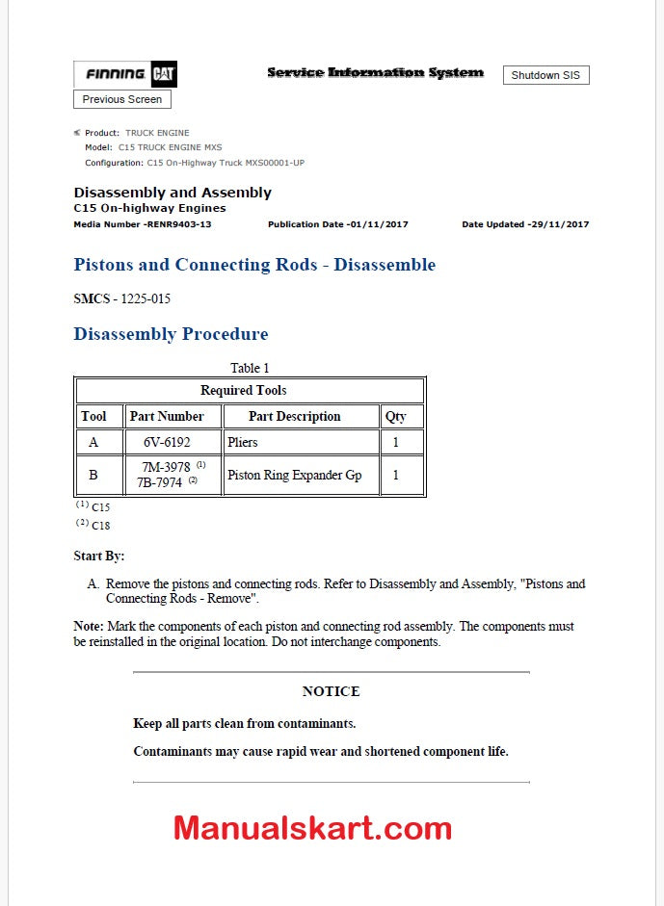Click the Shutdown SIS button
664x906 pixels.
point(545,75)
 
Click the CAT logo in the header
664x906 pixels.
point(163,74)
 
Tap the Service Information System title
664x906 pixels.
point(375,72)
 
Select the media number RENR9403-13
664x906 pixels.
point(143,224)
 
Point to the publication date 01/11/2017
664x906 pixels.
point(338,224)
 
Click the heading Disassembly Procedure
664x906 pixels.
point(171,334)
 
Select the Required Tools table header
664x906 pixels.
point(243,390)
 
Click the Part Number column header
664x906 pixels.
point(167,417)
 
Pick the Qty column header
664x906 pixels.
point(395,417)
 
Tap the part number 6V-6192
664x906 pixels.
point(167,443)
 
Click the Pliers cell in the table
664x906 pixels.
point(243,443)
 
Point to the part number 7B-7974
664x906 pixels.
point(159,482)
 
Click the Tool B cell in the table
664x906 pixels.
point(93,475)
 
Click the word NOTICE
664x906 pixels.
point(331,691)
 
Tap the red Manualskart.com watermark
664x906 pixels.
point(312,828)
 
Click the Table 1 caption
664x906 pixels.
point(250,368)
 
